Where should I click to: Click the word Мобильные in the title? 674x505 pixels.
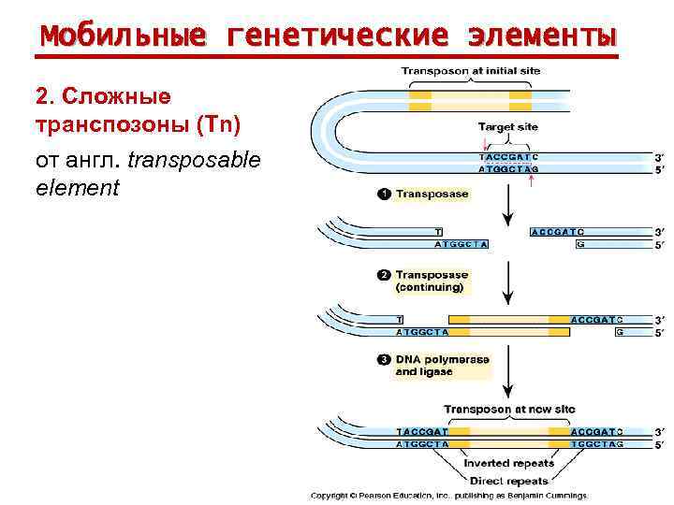[121, 36]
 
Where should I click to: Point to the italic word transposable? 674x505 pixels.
[194, 160]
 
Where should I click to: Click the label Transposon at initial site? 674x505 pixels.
[470, 71]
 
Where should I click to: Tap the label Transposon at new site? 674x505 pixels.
[508, 410]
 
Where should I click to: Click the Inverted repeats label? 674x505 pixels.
[508, 463]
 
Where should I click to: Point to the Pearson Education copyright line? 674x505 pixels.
[449, 495]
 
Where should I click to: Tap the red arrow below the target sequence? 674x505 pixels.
[531, 181]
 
